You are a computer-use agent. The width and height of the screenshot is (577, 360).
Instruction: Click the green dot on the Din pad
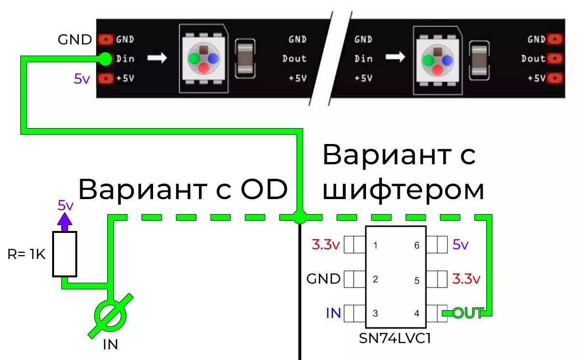pyautogui.click(x=105, y=58)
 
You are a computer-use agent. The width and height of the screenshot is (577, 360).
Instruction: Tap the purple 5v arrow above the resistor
pyautogui.click(x=65, y=220)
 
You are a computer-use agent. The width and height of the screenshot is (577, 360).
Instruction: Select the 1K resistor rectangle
pyautogui.click(x=65, y=254)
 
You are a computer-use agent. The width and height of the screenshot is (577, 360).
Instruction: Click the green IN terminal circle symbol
pyautogui.click(x=111, y=315)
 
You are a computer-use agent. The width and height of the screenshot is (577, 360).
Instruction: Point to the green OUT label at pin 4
pyautogui.click(x=468, y=313)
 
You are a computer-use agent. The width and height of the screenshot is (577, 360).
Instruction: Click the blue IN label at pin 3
pyautogui.click(x=333, y=313)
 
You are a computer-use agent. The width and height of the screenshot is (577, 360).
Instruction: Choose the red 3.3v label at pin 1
pyautogui.click(x=326, y=245)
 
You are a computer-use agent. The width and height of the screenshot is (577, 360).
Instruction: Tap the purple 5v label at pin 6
pyautogui.click(x=461, y=245)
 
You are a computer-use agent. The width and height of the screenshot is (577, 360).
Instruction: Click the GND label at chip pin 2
pyautogui.click(x=324, y=279)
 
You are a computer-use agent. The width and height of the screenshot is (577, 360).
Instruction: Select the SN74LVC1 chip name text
pyautogui.click(x=394, y=338)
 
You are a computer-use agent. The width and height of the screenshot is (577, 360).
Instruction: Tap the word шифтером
pyautogui.click(x=403, y=190)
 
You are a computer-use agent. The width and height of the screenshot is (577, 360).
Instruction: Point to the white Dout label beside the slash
pyautogui.click(x=295, y=58)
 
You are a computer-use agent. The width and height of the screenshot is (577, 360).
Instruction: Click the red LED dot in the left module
pyautogui.click(x=204, y=68)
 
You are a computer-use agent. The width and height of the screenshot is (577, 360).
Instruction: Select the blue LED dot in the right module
pyautogui.click(x=448, y=60)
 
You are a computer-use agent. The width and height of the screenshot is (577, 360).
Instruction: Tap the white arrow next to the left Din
pyautogui.click(x=157, y=58)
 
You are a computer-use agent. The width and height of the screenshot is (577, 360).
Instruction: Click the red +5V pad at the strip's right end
pyautogui.click(x=556, y=78)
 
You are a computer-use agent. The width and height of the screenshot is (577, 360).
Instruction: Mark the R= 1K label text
pyautogui.click(x=26, y=254)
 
